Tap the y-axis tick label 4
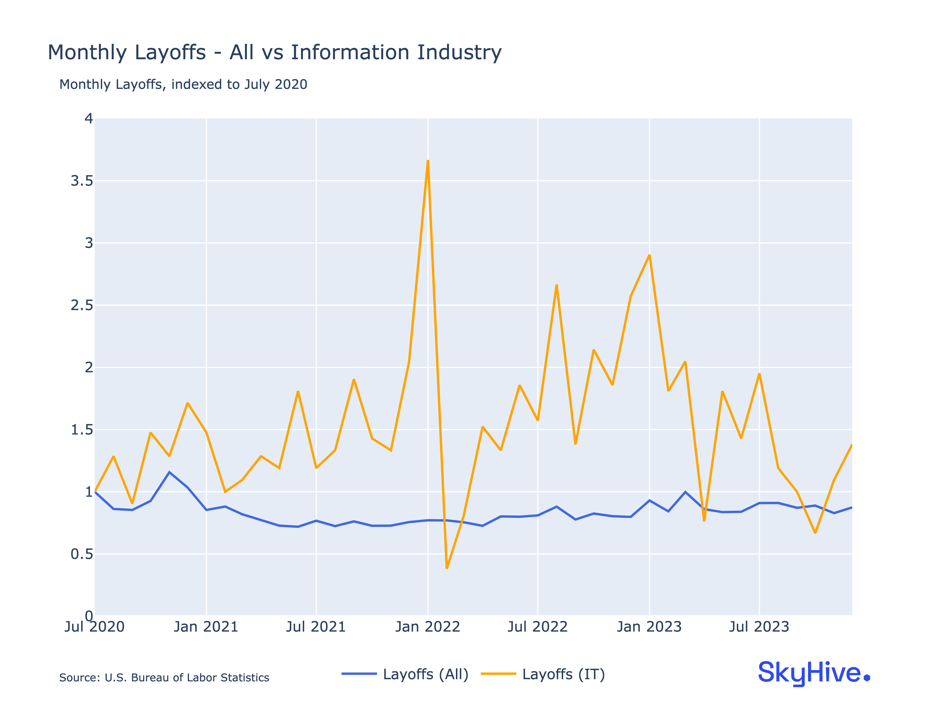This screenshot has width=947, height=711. coord(89,119)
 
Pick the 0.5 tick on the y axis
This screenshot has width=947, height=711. coord(82,554)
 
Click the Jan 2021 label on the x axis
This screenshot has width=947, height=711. coord(206,627)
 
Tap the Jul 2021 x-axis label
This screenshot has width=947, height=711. coord(316,627)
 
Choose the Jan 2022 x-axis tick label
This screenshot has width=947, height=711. coord(428,627)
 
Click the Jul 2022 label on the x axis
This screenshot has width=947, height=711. coord(538,627)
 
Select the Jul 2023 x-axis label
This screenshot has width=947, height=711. coord(759,627)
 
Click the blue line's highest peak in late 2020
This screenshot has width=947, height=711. coord(169,472)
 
